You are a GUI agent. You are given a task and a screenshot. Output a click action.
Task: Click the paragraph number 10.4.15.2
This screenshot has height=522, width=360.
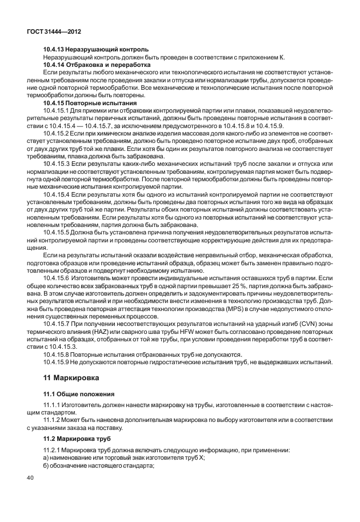pyautogui.click(x=58, y=133)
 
